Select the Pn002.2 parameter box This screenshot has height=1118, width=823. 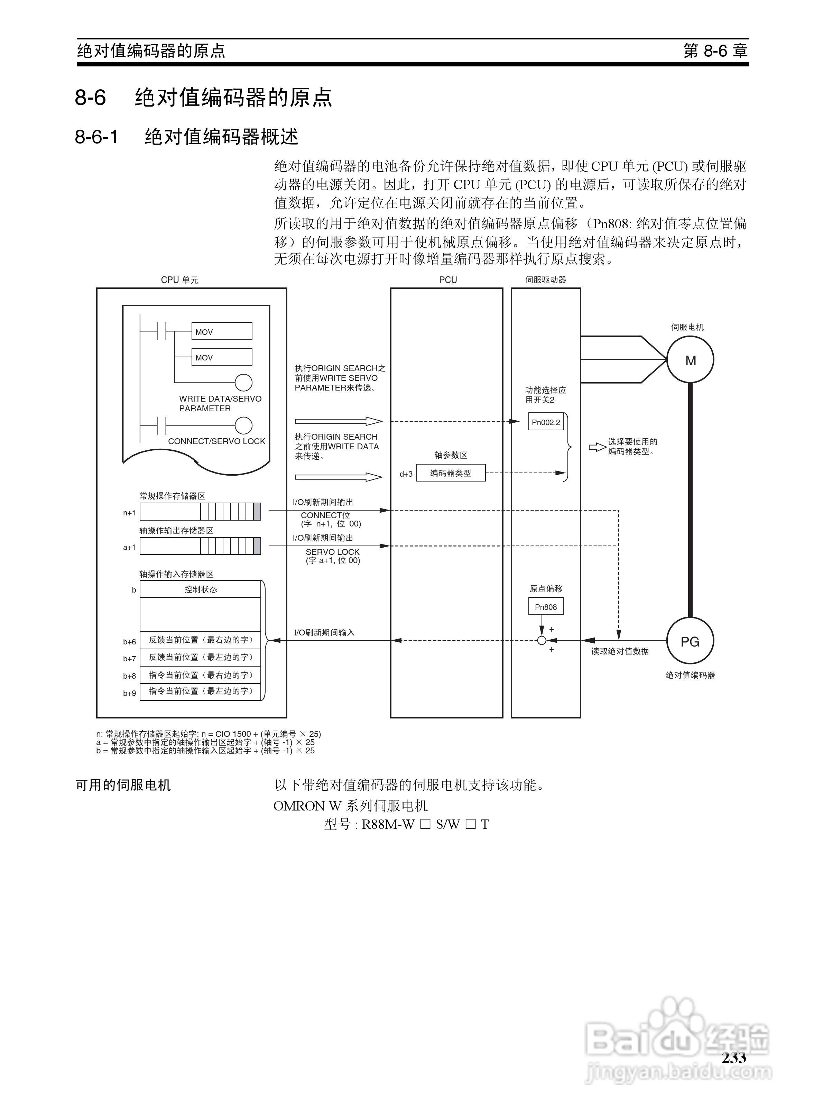546,422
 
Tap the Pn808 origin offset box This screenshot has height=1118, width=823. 546,606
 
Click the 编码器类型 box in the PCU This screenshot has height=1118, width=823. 450,473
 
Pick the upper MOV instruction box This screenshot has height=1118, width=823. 222,331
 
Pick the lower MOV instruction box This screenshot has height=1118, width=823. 222,357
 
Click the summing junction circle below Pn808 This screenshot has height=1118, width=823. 542,641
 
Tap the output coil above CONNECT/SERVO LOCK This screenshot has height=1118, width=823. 243,426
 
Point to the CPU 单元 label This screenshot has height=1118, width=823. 179,280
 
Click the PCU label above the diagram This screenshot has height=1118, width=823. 448,280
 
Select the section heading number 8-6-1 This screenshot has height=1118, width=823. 96,137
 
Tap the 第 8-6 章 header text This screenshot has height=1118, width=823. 715,51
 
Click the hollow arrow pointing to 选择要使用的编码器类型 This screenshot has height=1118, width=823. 597,447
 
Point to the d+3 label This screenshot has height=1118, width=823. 406,474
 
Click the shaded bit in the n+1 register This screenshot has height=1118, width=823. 257,512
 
